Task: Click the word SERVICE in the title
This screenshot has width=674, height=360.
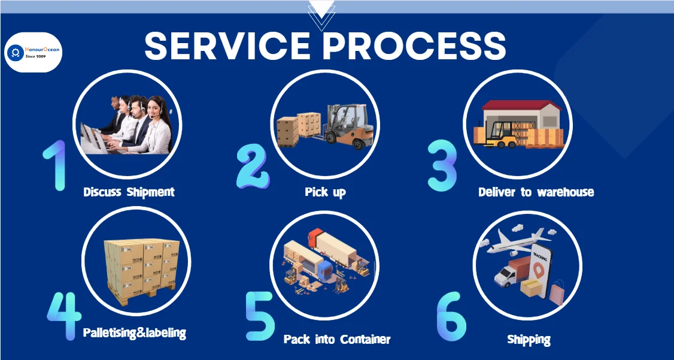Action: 227,47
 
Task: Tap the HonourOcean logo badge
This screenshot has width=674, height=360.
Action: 34,53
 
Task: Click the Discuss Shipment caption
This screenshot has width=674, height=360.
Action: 129,192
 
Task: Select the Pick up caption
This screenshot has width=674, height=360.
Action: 325,192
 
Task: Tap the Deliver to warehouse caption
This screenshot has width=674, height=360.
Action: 536,192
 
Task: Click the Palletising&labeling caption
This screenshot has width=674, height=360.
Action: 134,332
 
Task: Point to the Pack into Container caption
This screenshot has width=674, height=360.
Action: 336,339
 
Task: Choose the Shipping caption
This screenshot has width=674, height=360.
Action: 529,340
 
